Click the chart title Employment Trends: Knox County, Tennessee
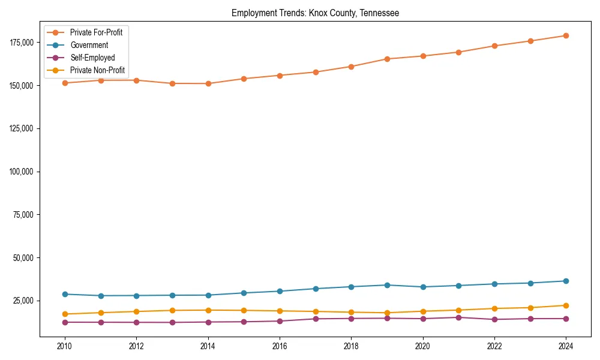coord(315,13)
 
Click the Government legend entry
coord(89,45)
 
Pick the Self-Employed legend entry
coord(92,58)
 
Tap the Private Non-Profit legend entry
coord(97,70)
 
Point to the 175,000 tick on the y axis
coord(22,42)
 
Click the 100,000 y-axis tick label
coord(22,172)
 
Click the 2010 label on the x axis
coord(65,346)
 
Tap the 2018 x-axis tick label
coord(351,346)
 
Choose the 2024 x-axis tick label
coord(566,346)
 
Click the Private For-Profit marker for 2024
coord(566,35)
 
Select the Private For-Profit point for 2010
coord(65,83)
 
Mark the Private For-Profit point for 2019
coord(387,59)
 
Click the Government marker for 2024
coord(566,281)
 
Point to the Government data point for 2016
coord(280,291)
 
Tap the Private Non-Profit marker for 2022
coord(494,308)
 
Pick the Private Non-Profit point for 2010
coord(65,314)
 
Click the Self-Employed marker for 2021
coord(458,317)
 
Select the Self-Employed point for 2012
coord(136,322)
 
